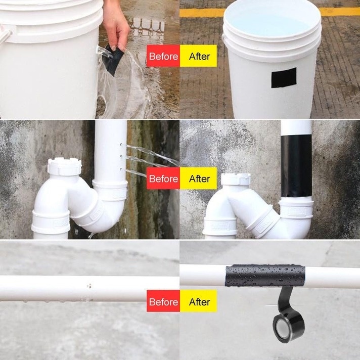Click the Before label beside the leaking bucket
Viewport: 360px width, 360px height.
pyautogui.click(x=163, y=56)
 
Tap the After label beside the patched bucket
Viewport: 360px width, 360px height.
pyautogui.click(x=199, y=56)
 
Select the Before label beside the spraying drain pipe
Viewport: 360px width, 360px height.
pyautogui.click(x=163, y=178)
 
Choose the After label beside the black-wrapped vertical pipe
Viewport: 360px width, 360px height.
pyautogui.click(x=199, y=178)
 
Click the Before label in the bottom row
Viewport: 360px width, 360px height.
pyautogui.click(x=163, y=301)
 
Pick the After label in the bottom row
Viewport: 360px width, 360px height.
pyautogui.click(x=199, y=301)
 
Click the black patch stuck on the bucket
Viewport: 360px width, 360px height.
pyautogui.click(x=284, y=77)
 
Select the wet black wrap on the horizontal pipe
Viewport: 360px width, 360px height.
pyautogui.click(x=265, y=276)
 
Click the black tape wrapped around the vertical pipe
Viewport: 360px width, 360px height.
pyautogui.click(x=296, y=166)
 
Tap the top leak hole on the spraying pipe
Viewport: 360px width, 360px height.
pyautogui.click(x=121, y=145)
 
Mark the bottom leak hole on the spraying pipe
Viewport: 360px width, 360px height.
pyautogui.click(x=121, y=169)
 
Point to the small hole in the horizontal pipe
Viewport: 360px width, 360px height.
pyautogui.click(x=89, y=286)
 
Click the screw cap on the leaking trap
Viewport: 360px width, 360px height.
pyautogui.click(x=64, y=166)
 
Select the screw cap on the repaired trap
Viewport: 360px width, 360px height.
pyautogui.click(x=236, y=179)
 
